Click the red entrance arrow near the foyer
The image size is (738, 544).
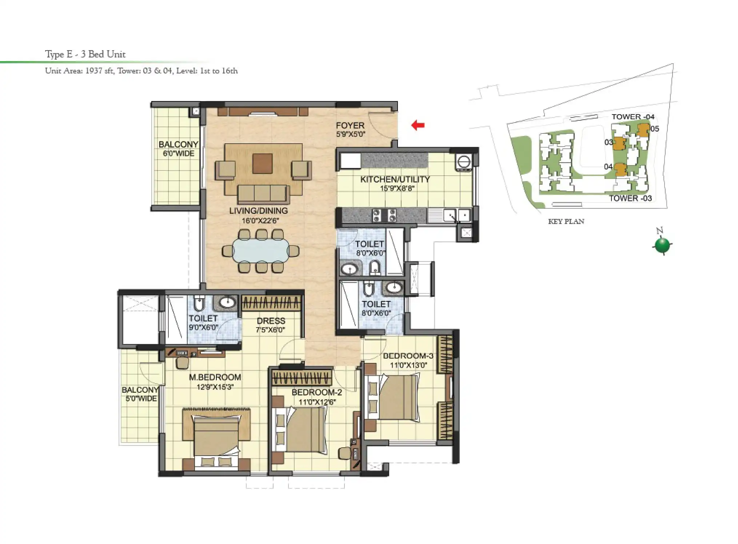click(x=418, y=125)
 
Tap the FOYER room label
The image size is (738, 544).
click(x=350, y=125)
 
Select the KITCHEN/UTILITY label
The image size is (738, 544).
click(x=395, y=179)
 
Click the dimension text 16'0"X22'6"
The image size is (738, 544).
click(x=260, y=221)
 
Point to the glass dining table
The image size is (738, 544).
click(x=261, y=251)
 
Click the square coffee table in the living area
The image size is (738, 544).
click(x=263, y=163)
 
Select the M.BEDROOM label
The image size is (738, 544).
click(x=215, y=377)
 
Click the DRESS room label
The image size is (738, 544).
click(x=271, y=321)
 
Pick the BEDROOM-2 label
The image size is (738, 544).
click(x=317, y=393)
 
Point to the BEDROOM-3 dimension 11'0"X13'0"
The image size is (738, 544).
click(x=408, y=365)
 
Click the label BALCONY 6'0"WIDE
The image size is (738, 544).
click(x=178, y=149)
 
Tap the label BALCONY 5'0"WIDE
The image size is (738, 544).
click(x=140, y=394)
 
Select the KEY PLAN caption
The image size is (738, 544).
click(x=566, y=221)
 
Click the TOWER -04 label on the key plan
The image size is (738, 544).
click(x=633, y=117)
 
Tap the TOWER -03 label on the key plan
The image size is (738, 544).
click(x=630, y=198)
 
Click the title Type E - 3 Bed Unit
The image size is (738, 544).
click(x=85, y=55)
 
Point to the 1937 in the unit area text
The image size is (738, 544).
click(x=93, y=71)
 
